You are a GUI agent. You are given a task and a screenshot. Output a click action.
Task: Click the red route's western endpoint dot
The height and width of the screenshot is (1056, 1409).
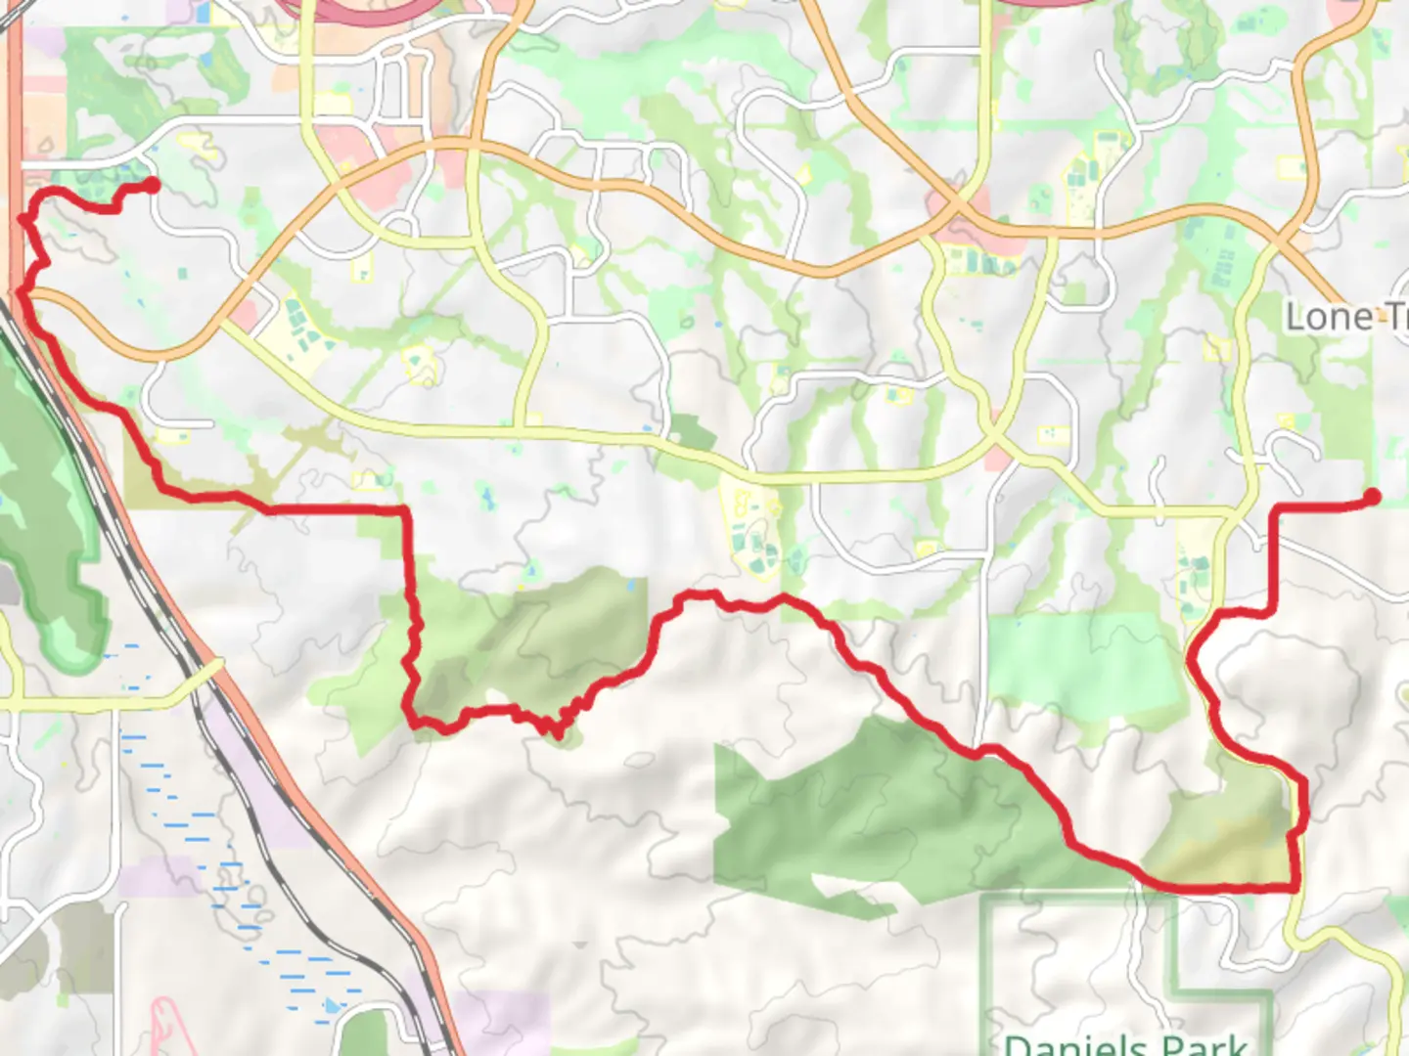click(x=153, y=185)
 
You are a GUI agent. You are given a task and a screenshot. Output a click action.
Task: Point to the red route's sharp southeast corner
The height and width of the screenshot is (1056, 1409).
click(x=1296, y=887)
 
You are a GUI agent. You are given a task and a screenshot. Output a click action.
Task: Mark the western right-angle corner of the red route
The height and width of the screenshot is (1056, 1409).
click(x=403, y=510)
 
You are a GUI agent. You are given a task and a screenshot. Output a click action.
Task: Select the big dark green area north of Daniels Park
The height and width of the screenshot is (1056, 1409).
click(x=861, y=812)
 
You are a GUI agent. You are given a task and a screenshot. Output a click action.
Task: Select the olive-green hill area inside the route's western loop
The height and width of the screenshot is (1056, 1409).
click(x=548, y=636)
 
